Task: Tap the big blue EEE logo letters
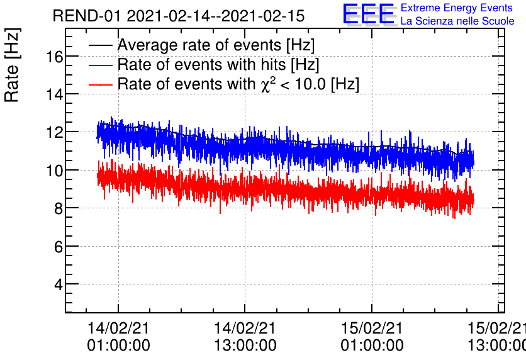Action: point(369,14)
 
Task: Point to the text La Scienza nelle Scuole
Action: point(457,21)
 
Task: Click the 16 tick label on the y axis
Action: point(54,57)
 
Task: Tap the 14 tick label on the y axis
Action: point(54,94)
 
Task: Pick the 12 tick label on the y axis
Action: point(54,132)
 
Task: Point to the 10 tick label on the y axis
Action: point(54,171)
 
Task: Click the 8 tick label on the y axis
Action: point(58,208)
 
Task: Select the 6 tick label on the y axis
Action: point(58,247)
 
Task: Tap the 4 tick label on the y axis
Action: point(58,284)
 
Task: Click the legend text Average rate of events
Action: point(216,45)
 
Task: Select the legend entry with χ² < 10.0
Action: point(238,84)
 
